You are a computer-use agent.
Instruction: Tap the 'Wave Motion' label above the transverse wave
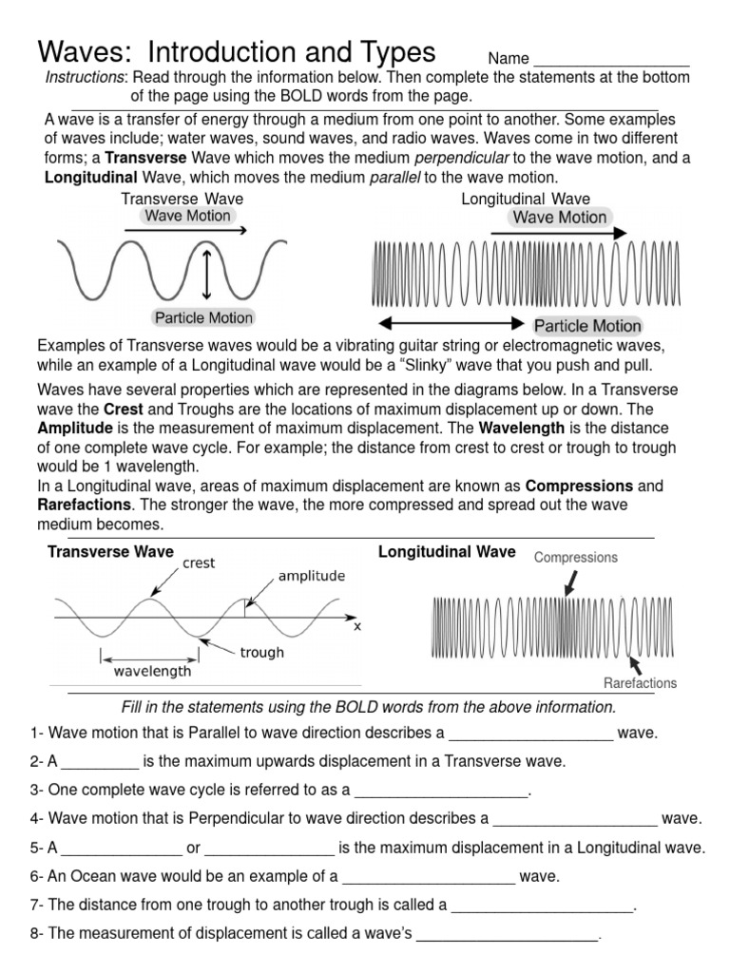(187, 216)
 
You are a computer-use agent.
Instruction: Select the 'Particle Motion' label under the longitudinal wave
(587, 326)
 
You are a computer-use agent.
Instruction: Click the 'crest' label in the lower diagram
(199, 563)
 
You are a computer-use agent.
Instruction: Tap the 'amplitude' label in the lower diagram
(311, 576)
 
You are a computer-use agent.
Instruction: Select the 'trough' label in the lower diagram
(262, 653)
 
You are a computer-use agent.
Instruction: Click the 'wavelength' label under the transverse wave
(152, 671)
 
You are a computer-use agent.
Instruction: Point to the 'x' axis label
(357, 626)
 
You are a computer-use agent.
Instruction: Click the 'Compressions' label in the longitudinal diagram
(575, 558)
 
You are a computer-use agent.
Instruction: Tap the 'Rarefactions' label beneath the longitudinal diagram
(640, 683)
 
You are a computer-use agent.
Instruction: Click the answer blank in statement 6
(428, 876)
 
